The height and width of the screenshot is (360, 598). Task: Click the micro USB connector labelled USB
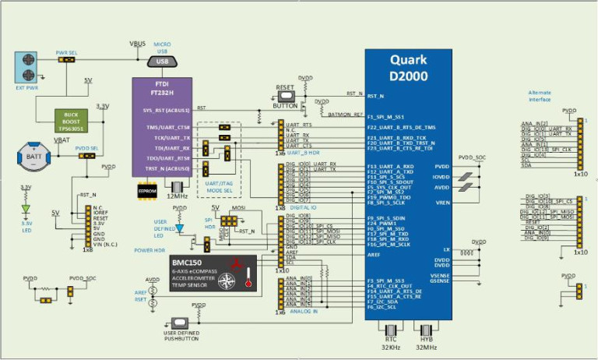(x=162, y=61)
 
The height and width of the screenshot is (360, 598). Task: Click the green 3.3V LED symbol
(x=26, y=209)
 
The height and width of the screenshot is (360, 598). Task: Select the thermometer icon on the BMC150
(x=249, y=277)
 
